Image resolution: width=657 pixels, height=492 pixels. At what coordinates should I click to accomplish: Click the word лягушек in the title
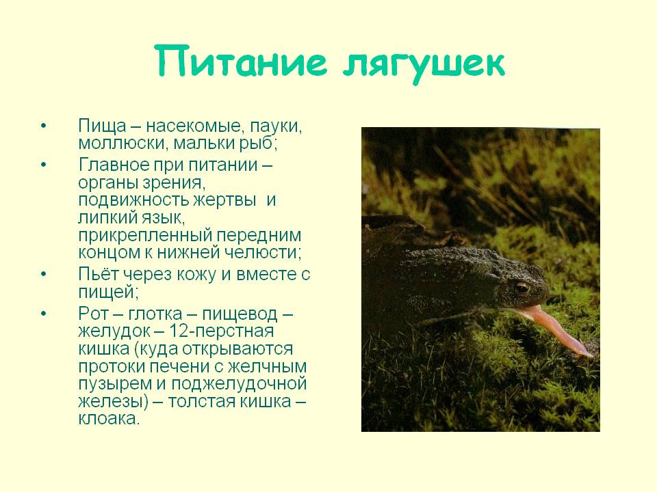(x=424, y=65)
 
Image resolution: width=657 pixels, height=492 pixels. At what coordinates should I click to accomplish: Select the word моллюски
(x=123, y=143)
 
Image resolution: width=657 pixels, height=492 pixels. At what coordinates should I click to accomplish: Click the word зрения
(x=173, y=184)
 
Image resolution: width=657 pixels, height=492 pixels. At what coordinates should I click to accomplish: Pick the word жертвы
(x=224, y=200)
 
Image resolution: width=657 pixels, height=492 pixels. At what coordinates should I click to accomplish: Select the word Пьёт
(x=99, y=274)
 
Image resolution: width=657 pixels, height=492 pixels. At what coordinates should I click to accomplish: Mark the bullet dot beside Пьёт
(x=44, y=274)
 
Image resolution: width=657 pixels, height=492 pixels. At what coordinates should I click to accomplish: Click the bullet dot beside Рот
(x=44, y=314)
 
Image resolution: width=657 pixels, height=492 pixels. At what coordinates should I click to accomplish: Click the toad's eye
(x=522, y=288)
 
